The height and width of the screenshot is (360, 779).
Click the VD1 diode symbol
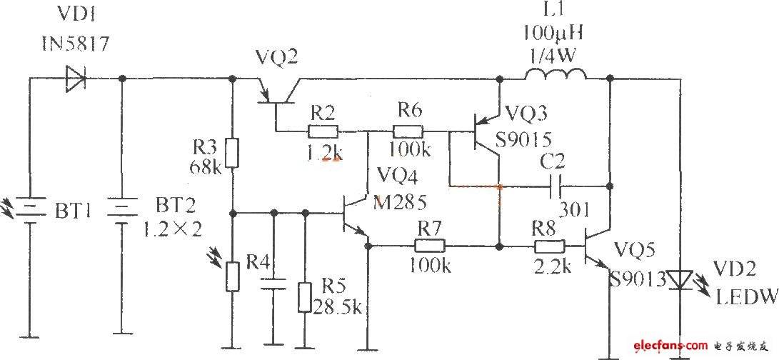[76, 79]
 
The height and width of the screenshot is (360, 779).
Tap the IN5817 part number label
[76, 44]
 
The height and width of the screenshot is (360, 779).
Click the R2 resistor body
[323, 131]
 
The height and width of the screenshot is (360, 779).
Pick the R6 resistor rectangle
[408, 131]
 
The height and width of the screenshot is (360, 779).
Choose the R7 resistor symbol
[430, 246]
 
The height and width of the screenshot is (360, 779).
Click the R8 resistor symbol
[550, 246]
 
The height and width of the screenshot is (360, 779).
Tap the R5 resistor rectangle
[305, 297]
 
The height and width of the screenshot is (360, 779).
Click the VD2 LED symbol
[680, 280]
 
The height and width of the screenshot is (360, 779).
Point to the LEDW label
[746, 297]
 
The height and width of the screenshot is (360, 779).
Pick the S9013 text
[638, 280]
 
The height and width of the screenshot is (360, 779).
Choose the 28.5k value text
[338, 307]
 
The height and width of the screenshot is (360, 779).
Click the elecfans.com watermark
[670, 345]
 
